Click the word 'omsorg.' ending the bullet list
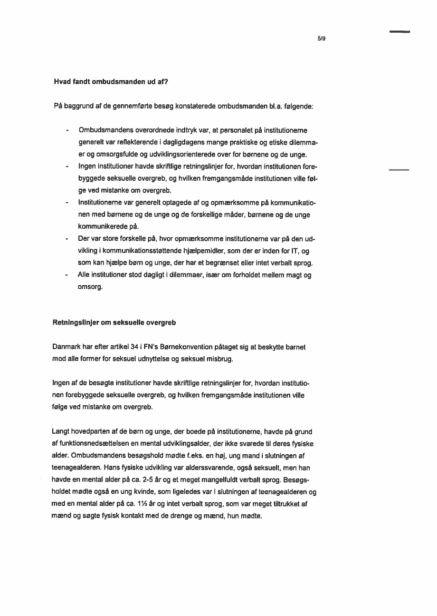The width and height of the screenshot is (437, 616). coord(91,287)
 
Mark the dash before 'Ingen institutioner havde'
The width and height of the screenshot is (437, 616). coord(67,167)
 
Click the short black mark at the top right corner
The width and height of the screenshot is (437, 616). coord(400,32)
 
